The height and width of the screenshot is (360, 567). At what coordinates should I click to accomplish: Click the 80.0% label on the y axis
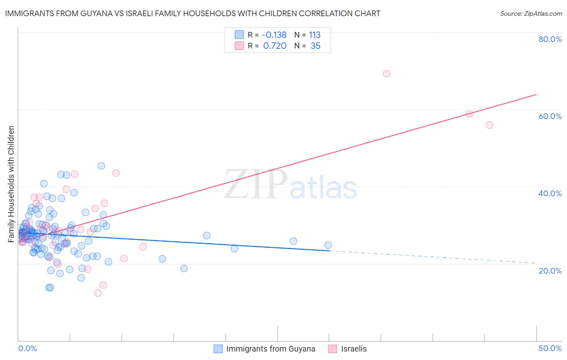pos(550,39)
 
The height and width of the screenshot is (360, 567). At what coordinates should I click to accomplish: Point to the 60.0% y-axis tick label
pos(550,116)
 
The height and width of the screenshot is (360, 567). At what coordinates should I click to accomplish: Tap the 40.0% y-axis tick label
pos(550,193)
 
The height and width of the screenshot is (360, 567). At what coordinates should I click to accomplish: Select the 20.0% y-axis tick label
pos(550,271)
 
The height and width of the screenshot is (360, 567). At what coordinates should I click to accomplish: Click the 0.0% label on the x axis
pos(27,348)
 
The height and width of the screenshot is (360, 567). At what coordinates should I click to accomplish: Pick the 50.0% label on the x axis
pos(550,348)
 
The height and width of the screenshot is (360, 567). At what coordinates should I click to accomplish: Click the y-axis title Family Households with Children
pos(11,184)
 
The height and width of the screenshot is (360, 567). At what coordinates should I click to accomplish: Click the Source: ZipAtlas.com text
pos(531,14)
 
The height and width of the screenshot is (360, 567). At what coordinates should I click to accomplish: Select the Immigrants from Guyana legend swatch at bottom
pos(218,349)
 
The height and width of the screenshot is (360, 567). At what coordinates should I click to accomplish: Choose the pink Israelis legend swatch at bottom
pos(333,349)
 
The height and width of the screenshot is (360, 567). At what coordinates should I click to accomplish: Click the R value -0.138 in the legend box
pos(274,35)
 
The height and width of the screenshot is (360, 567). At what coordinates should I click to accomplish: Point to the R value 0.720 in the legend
pos(275,46)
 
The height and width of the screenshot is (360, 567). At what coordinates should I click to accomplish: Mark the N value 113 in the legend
pos(315,35)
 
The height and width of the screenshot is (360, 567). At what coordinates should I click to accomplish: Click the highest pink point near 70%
pos(386,73)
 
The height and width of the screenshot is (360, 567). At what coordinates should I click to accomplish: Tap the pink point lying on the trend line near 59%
pos(469,114)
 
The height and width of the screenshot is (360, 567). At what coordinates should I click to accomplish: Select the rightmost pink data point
pos(489,125)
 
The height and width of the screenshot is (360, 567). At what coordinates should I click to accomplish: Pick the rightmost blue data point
pos(328,245)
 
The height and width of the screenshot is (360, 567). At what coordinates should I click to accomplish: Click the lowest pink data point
pos(98,293)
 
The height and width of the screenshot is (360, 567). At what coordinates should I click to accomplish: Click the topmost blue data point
pos(101,166)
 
